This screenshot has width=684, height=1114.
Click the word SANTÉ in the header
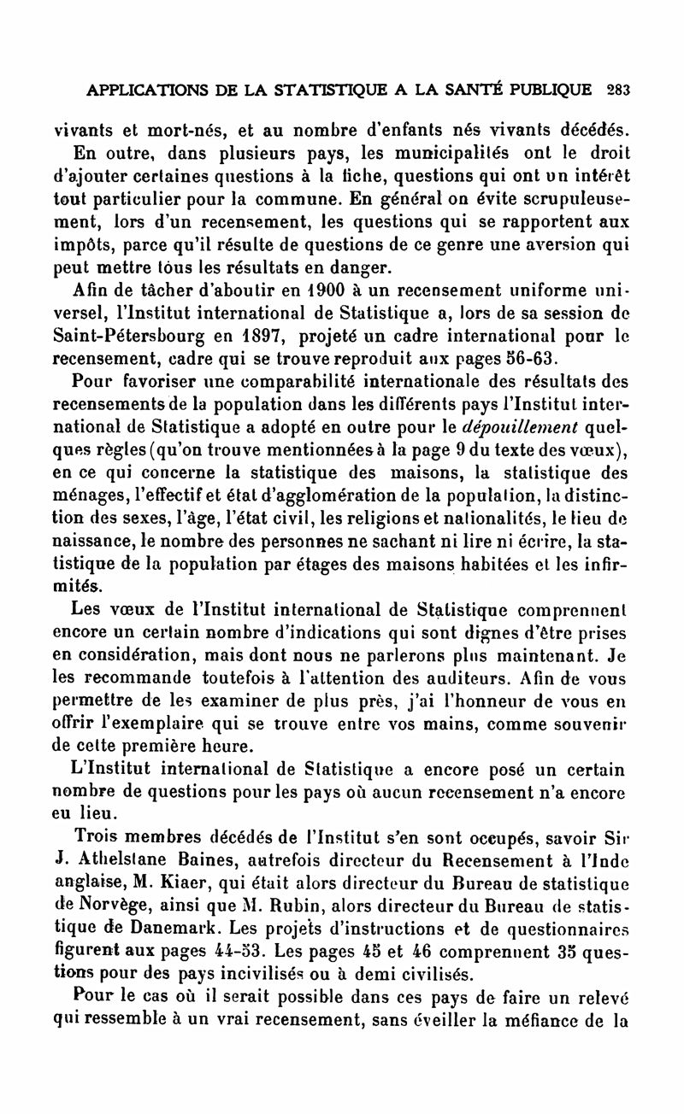click(x=481, y=88)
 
